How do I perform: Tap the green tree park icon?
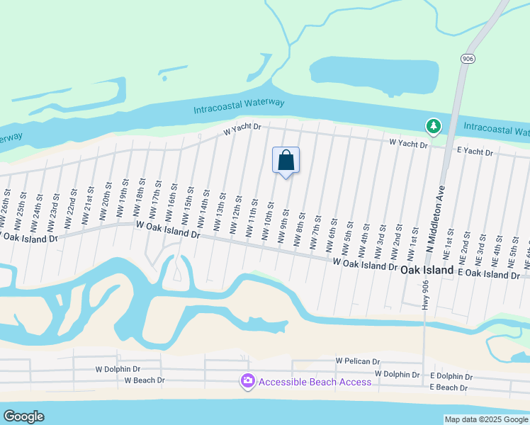point(433,127)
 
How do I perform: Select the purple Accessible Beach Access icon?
point(247,382)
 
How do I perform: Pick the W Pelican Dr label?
point(358,361)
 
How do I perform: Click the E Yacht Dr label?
point(475,152)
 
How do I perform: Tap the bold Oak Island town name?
point(427,271)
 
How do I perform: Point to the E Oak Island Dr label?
point(493,273)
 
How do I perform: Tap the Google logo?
point(23,416)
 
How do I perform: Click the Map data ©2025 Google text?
point(486,419)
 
